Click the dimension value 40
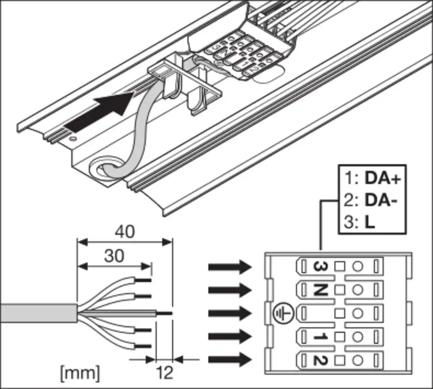click(x=125, y=232)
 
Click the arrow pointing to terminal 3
click(x=229, y=267)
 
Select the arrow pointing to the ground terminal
click(x=229, y=313)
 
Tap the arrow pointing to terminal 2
click(x=229, y=359)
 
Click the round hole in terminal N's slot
click(x=357, y=288)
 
